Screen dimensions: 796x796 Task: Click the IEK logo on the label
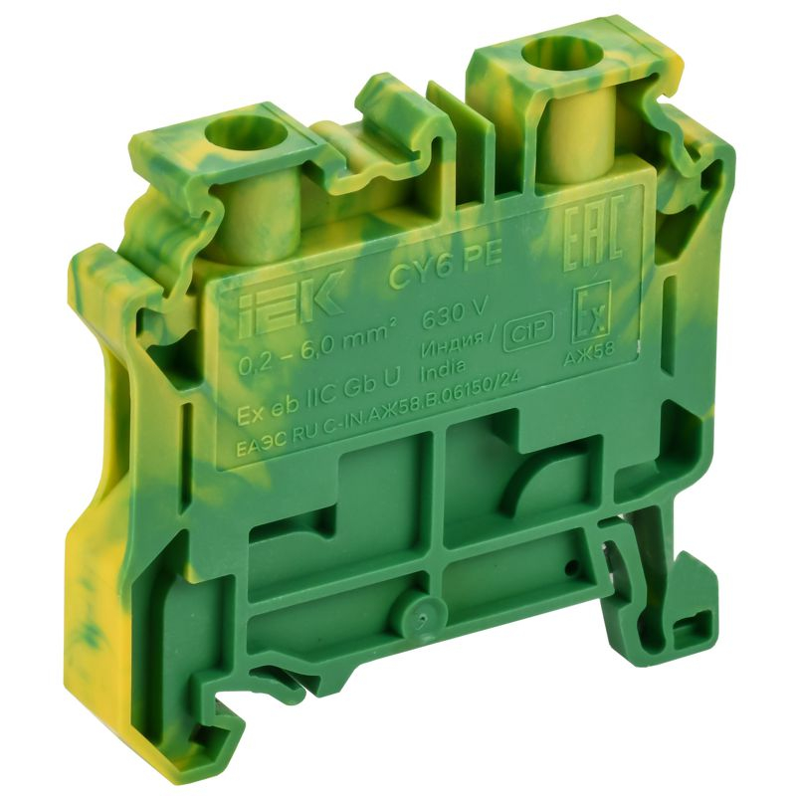coord(281,293)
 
